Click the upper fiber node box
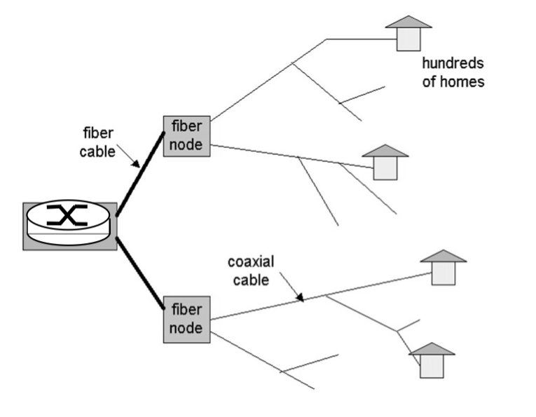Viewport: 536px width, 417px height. point(186,136)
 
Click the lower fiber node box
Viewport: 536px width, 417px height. point(186,319)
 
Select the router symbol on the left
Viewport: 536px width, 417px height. point(69,225)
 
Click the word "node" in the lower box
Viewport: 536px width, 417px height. point(186,327)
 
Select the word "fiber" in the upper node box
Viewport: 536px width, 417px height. point(186,128)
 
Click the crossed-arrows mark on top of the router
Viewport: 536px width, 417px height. point(67,217)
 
